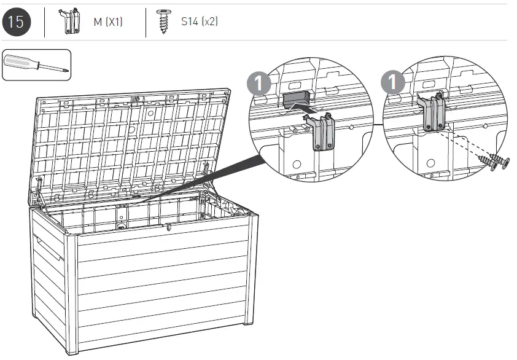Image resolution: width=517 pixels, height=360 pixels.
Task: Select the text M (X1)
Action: [x=108, y=22]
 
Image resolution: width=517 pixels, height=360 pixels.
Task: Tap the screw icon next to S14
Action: [x=163, y=22]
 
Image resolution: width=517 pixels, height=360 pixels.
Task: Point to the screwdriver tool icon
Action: [x=36, y=65]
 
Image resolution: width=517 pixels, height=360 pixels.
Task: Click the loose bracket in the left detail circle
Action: [x=324, y=131]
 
